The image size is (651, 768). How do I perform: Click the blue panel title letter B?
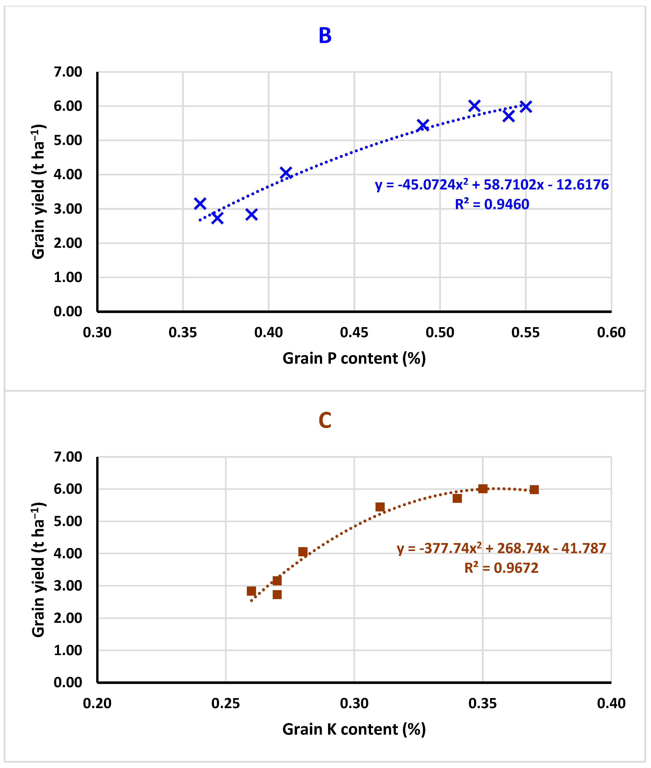point(325,36)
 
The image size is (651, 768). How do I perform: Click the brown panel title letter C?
point(325,421)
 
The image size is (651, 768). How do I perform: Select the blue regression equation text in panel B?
point(492,185)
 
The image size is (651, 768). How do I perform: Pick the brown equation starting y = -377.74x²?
point(501,548)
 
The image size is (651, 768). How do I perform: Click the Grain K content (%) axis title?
point(354,729)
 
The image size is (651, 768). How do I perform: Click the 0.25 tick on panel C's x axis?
point(225,703)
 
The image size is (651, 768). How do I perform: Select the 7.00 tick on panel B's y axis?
point(68,72)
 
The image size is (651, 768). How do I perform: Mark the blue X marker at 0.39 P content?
point(251,214)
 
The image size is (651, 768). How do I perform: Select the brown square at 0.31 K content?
point(380,507)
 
